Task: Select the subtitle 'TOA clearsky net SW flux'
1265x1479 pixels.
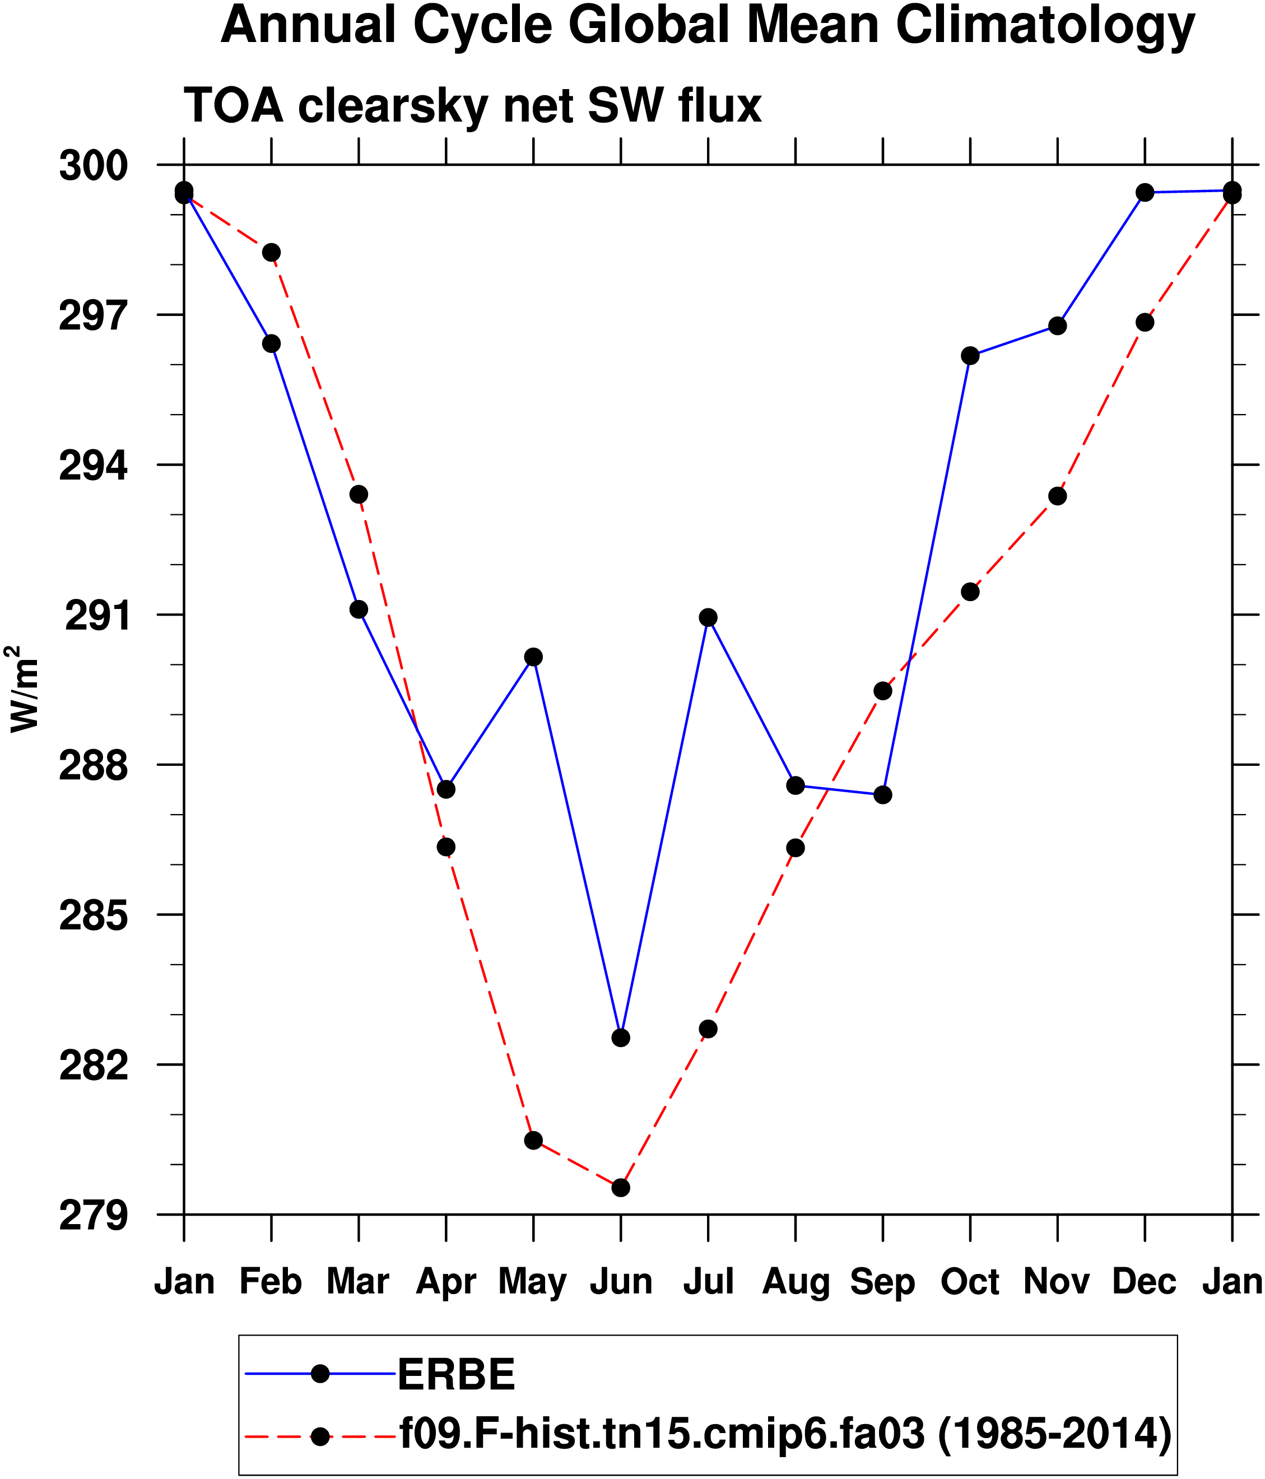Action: point(473,106)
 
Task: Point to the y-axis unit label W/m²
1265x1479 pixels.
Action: point(23,689)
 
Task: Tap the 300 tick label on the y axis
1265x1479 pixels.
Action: point(93,166)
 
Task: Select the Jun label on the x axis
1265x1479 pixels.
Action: point(620,1282)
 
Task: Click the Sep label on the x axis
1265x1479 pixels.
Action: point(882,1282)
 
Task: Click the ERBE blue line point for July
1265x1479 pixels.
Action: point(708,617)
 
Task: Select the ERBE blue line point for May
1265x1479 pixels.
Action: point(533,657)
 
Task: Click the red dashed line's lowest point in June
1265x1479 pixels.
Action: point(620,1188)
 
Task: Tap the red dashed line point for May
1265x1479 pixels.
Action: point(533,1140)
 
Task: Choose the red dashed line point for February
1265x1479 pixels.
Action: point(271,252)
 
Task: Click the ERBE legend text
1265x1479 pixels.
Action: point(456,1375)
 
